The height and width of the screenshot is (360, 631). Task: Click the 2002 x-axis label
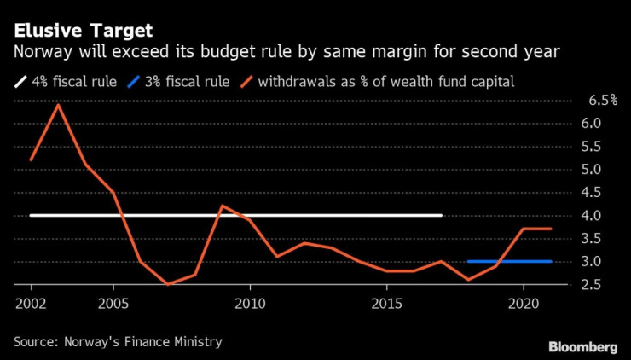coord(31,304)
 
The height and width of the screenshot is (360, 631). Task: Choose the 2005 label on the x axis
coord(113,304)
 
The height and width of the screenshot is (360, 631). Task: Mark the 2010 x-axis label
coord(249,304)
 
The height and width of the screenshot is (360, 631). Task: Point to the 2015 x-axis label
coord(386,304)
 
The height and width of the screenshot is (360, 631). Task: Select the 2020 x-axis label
coord(523,304)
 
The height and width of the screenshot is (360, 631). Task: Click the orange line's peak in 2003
coord(58,105)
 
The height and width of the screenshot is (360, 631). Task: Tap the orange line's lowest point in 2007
coord(167,284)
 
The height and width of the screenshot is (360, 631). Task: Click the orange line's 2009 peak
coord(222,206)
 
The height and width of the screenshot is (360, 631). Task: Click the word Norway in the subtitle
coord(41,53)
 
